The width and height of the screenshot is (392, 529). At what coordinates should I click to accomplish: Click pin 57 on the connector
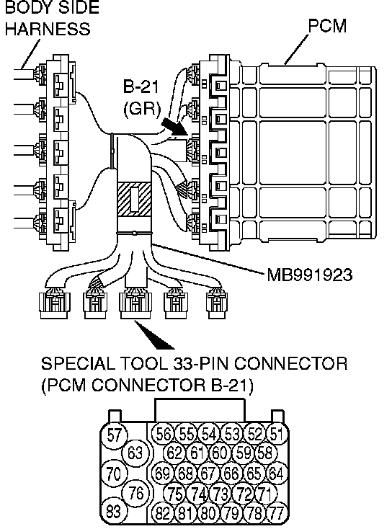coord(114,435)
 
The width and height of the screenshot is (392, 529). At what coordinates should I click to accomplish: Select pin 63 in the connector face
coord(136,453)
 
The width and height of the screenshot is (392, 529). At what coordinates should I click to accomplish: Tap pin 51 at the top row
coord(277,434)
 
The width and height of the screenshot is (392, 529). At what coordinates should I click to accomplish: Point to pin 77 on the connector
coord(277,513)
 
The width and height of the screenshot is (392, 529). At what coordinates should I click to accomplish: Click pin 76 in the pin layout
coord(136,493)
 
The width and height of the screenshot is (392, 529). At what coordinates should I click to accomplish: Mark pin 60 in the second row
coord(220,453)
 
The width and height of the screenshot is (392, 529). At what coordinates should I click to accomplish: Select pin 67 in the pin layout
coord(208,474)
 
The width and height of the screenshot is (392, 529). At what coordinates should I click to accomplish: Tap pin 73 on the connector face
coord(220,494)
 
